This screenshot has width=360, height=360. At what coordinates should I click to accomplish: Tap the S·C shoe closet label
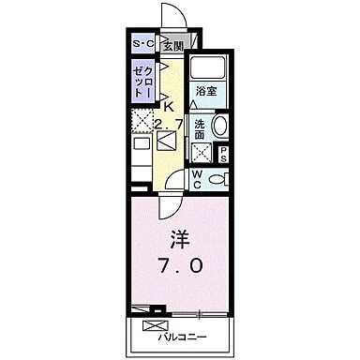click(142, 45)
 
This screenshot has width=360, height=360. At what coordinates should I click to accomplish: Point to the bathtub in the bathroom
click(206, 70)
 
